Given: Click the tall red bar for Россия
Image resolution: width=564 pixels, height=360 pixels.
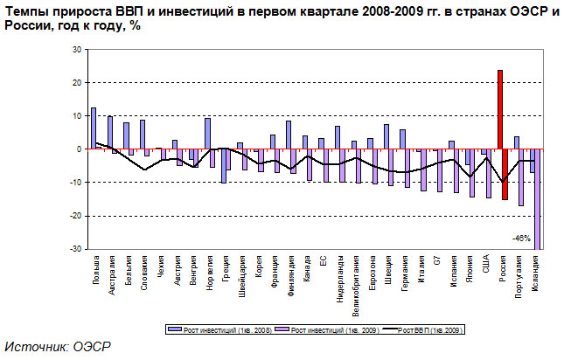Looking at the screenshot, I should pos(499,109).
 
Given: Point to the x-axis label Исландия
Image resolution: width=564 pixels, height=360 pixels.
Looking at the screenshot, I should pos(535,273).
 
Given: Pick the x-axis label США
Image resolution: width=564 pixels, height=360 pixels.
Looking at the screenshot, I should pos(486,265).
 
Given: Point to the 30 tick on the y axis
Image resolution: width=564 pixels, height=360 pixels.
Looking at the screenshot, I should pos(76,50).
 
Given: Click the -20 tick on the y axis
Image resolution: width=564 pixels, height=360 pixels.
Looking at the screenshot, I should pos(74,216).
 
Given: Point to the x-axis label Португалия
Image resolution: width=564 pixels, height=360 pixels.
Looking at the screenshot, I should pos(519,275).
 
